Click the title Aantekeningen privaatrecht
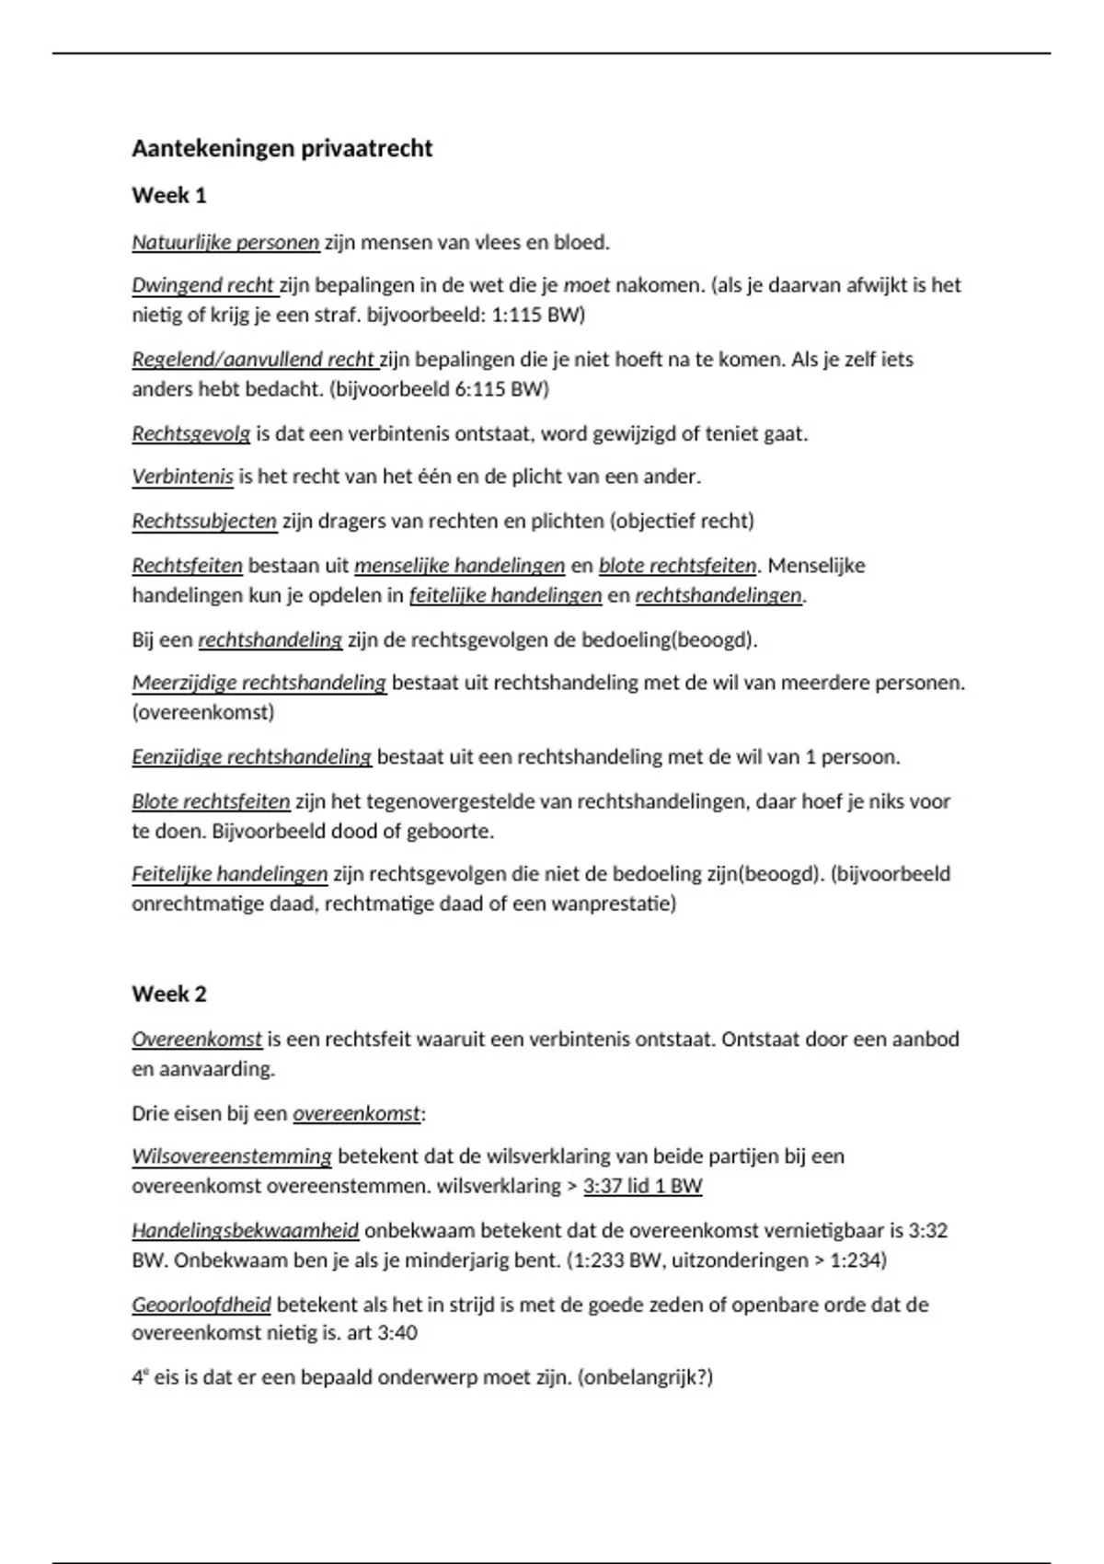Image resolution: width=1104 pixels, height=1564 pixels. pyautogui.click(x=282, y=149)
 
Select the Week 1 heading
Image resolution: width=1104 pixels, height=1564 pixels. pyautogui.click(x=169, y=195)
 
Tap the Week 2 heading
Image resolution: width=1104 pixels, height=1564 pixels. pyautogui.click(x=169, y=994)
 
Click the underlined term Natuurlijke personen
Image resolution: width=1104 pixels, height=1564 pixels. pyautogui.click(x=225, y=243)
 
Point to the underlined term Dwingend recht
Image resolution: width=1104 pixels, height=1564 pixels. pyautogui.click(x=203, y=285)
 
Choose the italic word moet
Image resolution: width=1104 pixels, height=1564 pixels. pyautogui.click(x=586, y=285)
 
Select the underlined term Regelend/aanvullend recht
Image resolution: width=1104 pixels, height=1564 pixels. pyautogui.click(x=253, y=359)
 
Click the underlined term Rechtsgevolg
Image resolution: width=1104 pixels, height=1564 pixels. pyautogui.click(x=190, y=433)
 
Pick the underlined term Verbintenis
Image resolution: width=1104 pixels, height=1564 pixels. pyautogui.click(x=182, y=477)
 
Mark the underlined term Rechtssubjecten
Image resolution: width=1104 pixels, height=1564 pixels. pyautogui.click(x=204, y=521)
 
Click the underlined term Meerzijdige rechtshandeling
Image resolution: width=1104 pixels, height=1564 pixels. pyautogui.click(x=259, y=683)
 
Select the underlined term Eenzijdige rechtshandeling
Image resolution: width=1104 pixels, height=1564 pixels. pyautogui.click(x=251, y=757)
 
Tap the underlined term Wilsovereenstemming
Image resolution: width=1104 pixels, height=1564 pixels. pyautogui.click(x=232, y=1156)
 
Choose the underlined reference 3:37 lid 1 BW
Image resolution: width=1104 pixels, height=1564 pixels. pyautogui.click(x=642, y=1186)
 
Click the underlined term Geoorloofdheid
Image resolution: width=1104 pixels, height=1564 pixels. pyautogui.click(x=201, y=1305)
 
